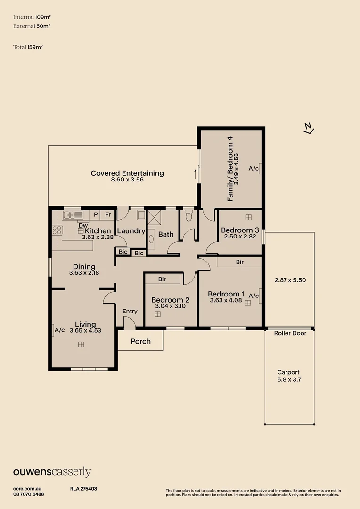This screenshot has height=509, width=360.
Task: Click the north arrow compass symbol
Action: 309,128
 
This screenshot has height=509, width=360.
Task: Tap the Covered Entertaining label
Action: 127,173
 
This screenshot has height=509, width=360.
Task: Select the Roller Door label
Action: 290,333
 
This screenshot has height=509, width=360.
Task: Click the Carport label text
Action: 288,372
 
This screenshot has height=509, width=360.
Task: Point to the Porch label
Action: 140,341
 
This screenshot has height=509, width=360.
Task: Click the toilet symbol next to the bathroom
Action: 189,217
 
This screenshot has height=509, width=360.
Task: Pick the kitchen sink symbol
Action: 74,215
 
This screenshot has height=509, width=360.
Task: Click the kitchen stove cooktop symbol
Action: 57,230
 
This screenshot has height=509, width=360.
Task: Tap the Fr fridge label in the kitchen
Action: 108,215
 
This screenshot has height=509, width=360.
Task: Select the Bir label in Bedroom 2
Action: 162,279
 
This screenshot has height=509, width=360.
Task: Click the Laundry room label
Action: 131,231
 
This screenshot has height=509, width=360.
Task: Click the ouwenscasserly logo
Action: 52,472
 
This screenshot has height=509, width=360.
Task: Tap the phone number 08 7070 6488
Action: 29,494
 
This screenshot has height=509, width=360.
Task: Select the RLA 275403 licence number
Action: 83,489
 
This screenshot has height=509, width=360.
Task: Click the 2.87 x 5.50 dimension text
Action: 290,280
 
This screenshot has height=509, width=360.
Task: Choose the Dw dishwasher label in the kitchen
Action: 83,225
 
